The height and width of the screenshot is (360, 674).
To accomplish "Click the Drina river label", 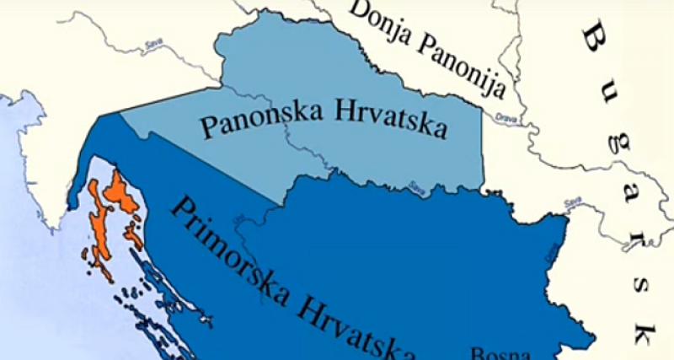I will tap(551, 250).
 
